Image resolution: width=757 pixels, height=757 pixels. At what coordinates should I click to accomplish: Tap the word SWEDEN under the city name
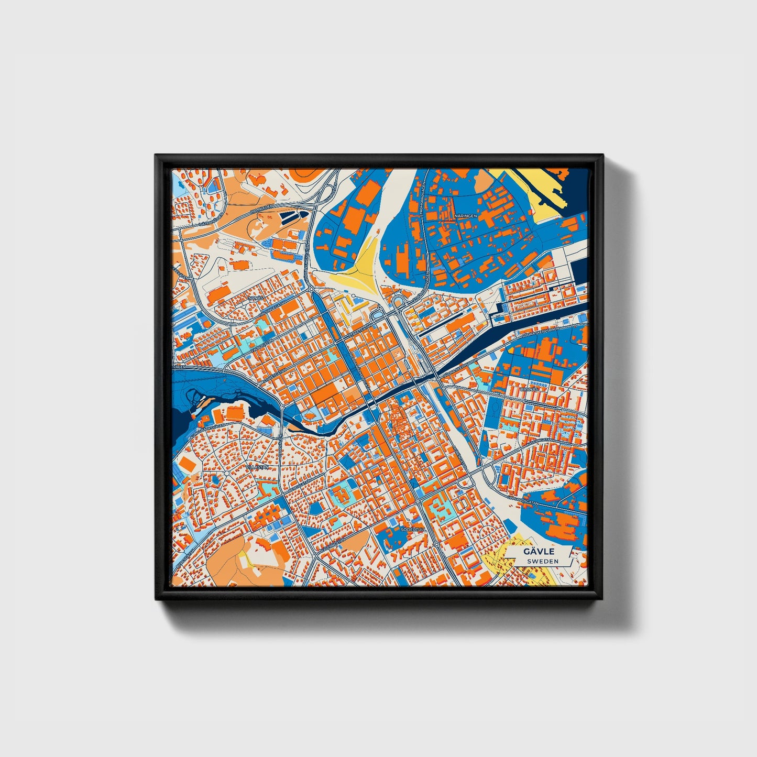pyautogui.click(x=543, y=561)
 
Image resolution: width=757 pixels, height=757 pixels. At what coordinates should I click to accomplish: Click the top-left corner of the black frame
pyautogui.click(x=156, y=156)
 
